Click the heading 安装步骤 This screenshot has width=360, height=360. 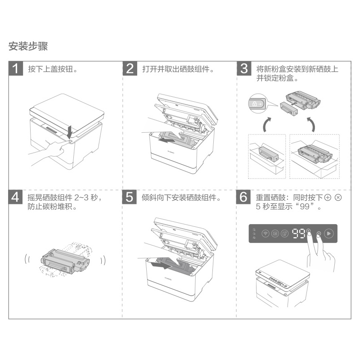[28, 46]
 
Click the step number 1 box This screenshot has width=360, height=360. [16, 68]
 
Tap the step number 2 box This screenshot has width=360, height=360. [130, 68]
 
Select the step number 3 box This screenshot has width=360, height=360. [244, 68]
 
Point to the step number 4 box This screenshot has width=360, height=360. [15, 197]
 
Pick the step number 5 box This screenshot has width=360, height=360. [130, 197]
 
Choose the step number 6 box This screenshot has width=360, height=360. [243, 197]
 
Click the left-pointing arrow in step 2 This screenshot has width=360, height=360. [168, 139]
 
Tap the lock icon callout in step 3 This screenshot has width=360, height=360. [257, 104]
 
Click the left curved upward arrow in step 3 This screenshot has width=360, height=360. [266, 124]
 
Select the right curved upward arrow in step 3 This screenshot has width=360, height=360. [311, 124]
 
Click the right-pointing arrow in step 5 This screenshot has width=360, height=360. [161, 265]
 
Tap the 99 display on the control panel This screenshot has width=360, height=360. [298, 234]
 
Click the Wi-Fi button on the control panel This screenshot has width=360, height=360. [265, 234]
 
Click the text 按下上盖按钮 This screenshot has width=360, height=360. [50, 69]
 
